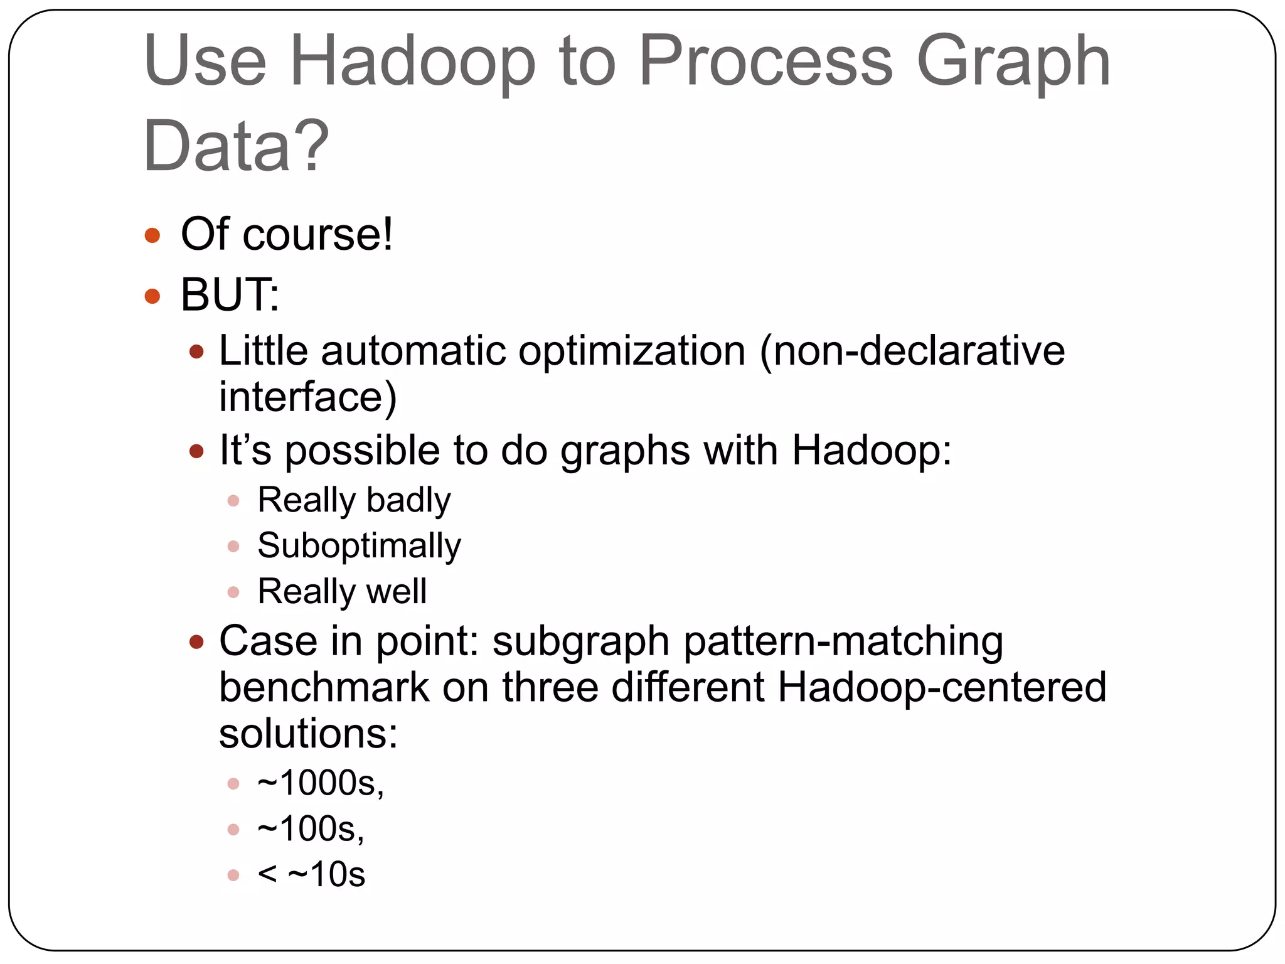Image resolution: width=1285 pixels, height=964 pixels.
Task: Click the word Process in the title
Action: [765, 62]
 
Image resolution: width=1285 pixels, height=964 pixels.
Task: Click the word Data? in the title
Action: [236, 146]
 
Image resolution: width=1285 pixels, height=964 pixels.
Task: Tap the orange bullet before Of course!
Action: [152, 236]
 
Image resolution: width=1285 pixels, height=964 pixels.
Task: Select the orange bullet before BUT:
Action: [152, 296]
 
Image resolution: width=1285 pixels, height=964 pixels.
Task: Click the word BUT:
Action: [230, 294]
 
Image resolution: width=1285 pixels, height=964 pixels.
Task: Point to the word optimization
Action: [632, 351]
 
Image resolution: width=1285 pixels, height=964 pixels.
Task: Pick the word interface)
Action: [307, 397]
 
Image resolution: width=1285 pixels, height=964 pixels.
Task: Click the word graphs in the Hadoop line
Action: [624, 451]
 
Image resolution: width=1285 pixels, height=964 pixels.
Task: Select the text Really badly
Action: [354, 500]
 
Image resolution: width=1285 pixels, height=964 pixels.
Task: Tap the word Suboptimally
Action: [359, 546]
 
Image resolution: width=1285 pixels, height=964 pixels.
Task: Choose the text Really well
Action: [342, 591]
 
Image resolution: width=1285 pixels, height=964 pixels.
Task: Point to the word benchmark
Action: [324, 687]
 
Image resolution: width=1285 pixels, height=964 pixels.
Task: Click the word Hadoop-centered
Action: [941, 687]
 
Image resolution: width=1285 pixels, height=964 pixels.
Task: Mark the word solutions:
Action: [308, 733]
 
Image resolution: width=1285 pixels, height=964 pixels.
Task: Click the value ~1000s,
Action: [321, 783]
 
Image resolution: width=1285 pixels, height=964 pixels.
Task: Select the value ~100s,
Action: [311, 829]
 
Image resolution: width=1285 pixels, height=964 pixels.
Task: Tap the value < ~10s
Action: [311, 875]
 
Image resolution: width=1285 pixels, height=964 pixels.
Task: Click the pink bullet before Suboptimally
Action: [233, 547]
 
